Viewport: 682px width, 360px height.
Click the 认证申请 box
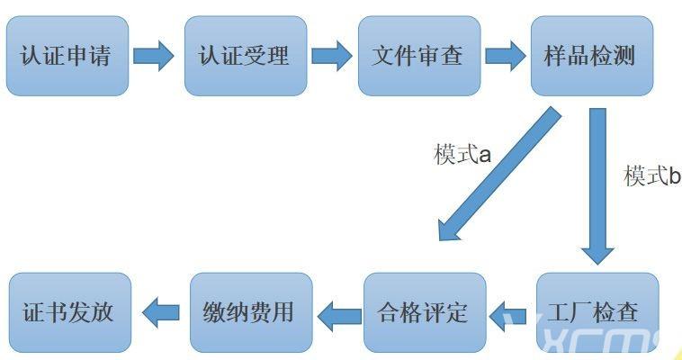coord(67,56)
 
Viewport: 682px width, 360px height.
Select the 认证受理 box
coord(244,56)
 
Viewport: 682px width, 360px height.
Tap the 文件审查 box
coord(417,56)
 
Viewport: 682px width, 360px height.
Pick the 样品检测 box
coord(590,56)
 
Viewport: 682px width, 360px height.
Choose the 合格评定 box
coord(424,312)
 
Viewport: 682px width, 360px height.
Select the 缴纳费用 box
coord(251,312)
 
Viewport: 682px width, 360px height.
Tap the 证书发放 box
coord(69,312)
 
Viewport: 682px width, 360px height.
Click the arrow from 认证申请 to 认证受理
coord(154,56)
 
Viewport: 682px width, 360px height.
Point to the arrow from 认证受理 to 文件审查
coord(331,56)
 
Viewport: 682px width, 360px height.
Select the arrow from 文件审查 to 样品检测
coord(505,56)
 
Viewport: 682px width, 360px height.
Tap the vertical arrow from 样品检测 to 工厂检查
coord(597,184)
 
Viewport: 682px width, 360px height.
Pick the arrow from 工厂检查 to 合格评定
coord(510,314)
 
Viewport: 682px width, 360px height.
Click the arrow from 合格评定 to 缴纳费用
coord(338,314)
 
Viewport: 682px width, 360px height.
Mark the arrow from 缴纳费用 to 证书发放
coord(162,314)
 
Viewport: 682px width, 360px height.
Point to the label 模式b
coord(652,176)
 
